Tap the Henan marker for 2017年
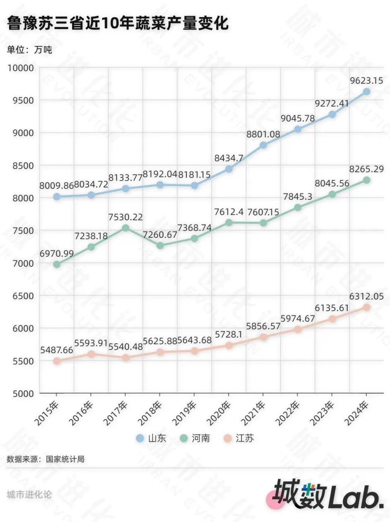(126, 228)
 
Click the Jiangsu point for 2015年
(57, 361)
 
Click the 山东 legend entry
(151, 438)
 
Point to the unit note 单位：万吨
(29, 50)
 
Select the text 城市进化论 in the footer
(29, 494)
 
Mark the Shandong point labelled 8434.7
(229, 169)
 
